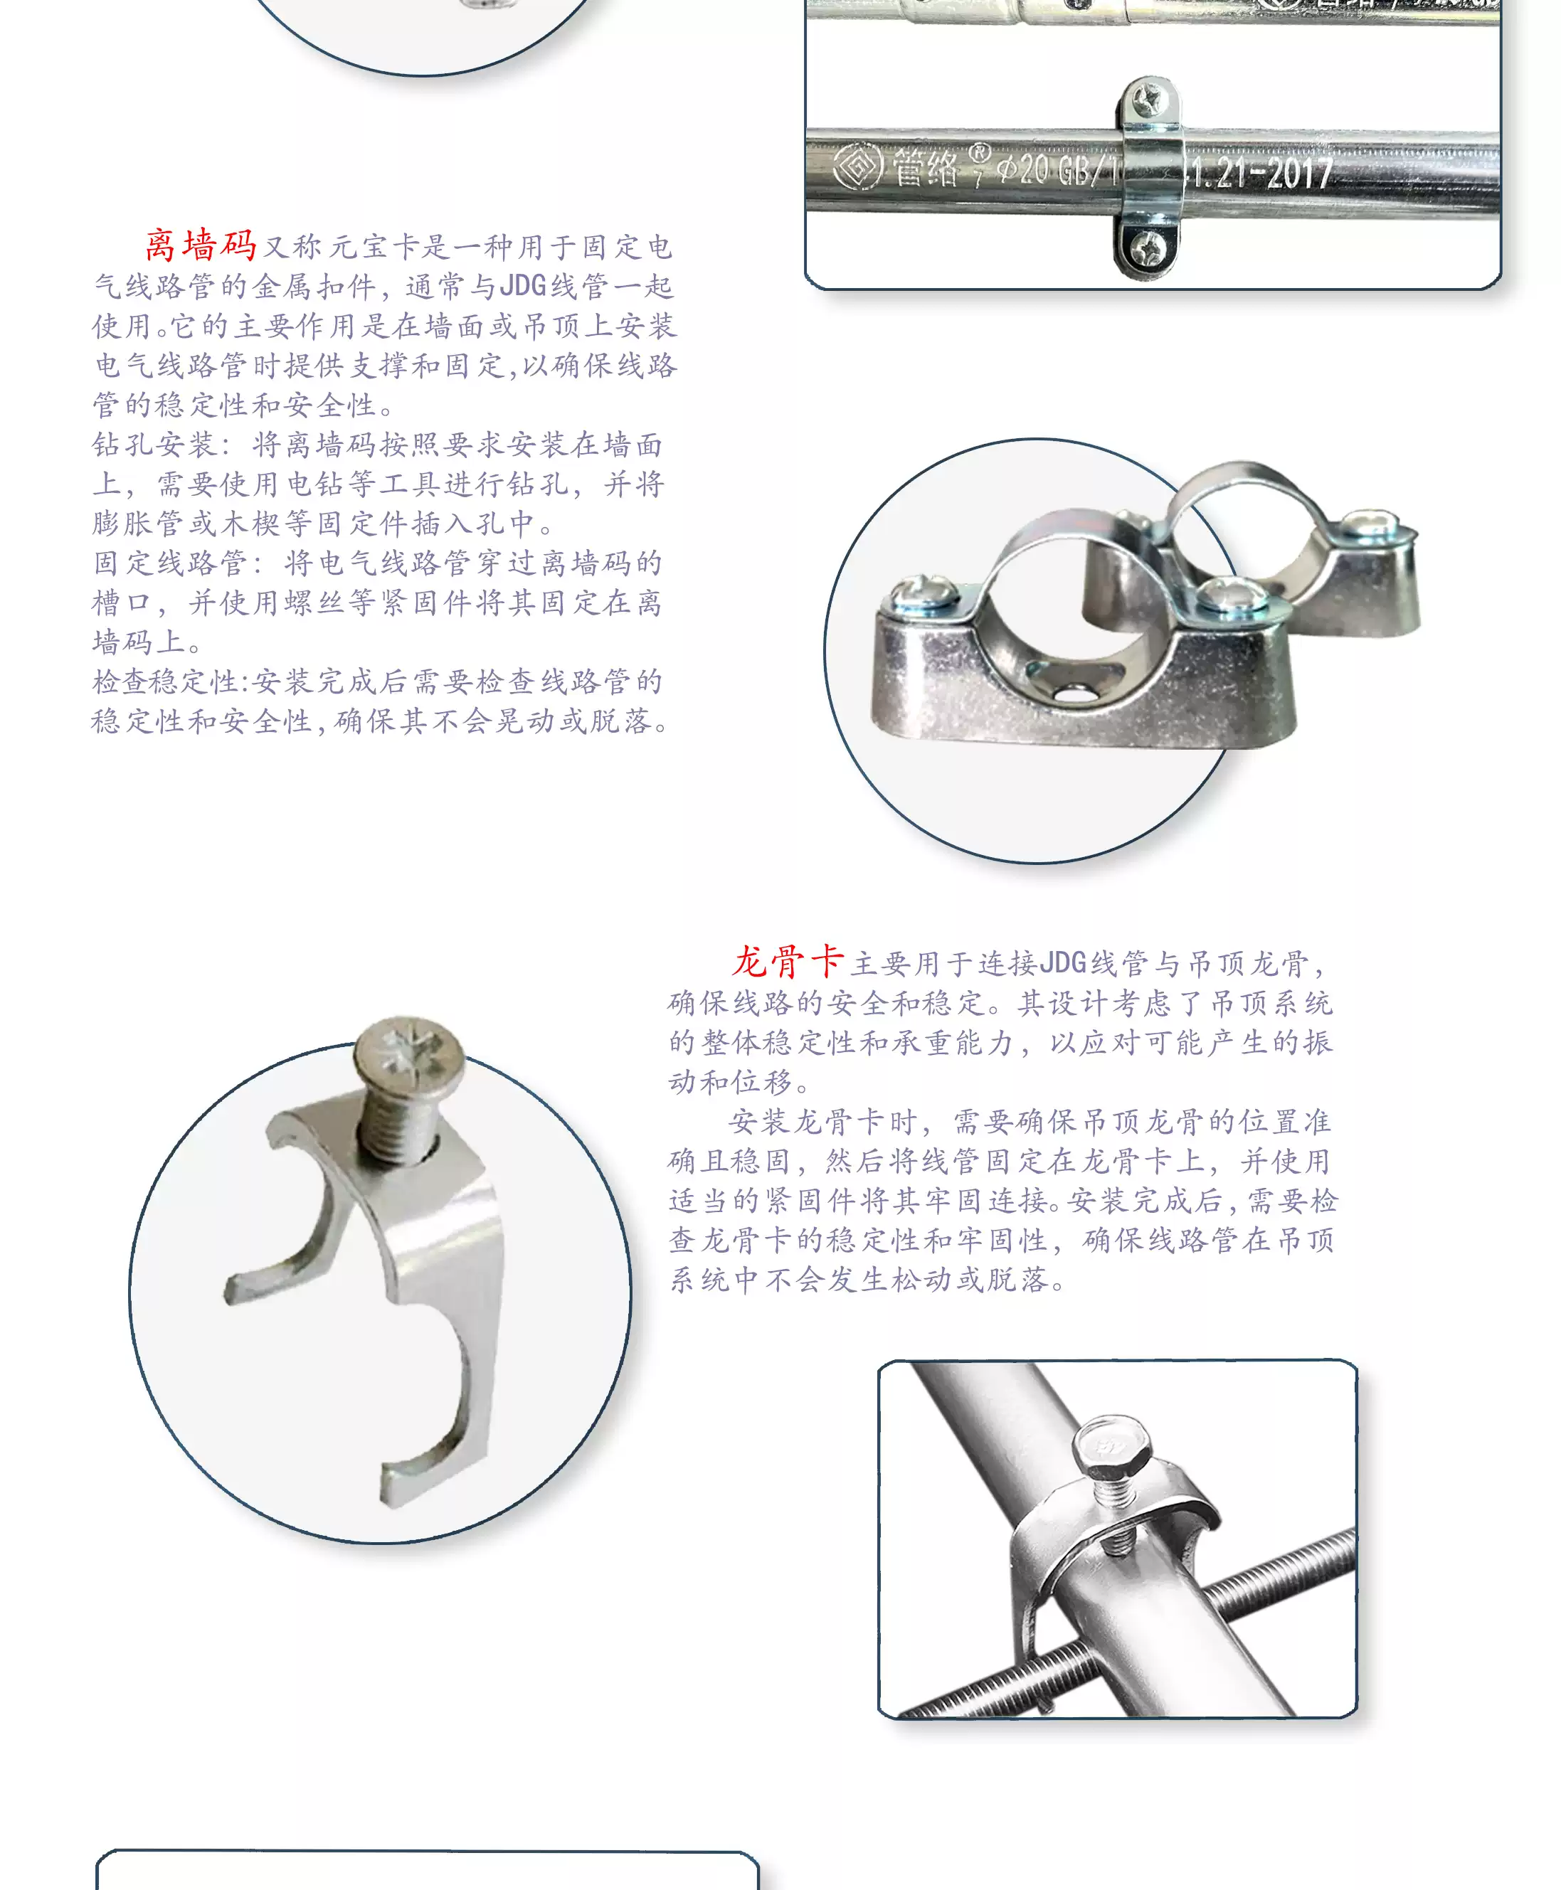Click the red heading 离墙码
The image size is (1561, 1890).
201,245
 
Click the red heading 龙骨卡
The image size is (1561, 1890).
788,962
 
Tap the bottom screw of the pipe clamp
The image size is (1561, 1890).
1148,245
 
